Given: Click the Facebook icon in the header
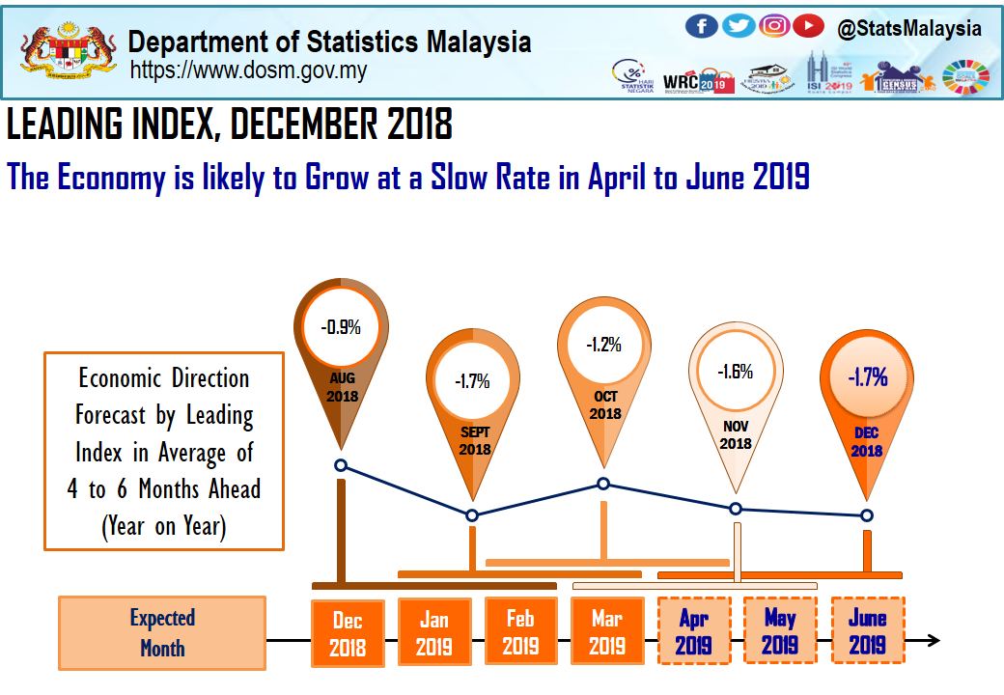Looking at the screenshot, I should (x=702, y=26).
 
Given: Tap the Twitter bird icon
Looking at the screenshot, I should (x=739, y=26).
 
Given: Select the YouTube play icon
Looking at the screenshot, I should (x=809, y=26).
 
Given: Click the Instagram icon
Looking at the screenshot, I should (x=774, y=26).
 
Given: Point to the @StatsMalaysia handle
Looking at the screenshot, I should (x=908, y=28).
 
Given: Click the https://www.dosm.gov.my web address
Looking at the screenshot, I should (x=248, y=69).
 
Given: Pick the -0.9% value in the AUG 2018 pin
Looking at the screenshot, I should (x=341, y=327).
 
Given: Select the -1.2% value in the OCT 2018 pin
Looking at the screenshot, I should (x=603, y=344).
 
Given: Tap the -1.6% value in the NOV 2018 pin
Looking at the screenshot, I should (x=735, y=371).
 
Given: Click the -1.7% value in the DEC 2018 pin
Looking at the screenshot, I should (x=867, y=377).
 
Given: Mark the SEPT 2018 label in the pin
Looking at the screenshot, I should (x=474, y=441).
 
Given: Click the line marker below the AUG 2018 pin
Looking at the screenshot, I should (x=340, y=465).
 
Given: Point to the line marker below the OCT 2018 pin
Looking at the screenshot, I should (x=603, y=484).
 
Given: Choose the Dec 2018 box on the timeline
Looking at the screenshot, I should (x=348, y=633).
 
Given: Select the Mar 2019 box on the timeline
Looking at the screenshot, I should (x=607, y=631).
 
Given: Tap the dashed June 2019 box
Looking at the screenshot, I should (x=867, y=631).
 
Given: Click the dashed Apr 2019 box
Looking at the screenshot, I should (x=693, y=631).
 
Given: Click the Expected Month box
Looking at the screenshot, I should (x=162, y=632).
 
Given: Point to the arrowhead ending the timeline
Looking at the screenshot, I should (x=934, y=640).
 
